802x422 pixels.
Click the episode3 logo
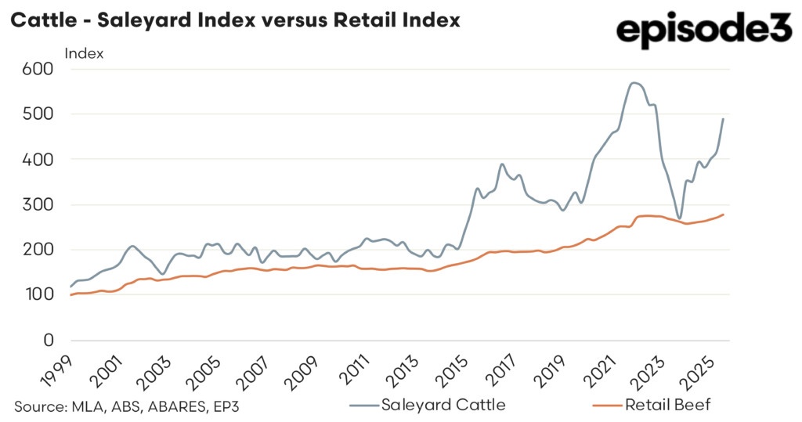pyautogui.click(x=704, y=31)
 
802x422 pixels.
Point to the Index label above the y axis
pyautogui.click(x=84, y=54)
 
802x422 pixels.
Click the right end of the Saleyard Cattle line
pyautogui.click(x=723, y=119)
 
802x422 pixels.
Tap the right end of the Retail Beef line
pyautogui.click(x=723, y=215)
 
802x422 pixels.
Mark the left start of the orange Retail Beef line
pyautogui.click(x=70, y=295)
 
